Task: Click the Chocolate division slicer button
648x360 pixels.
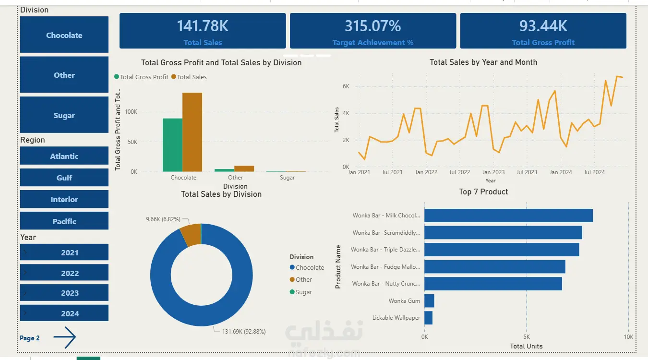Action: click(x=64, y=35)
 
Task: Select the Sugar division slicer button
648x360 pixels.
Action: click(x=64, y=115)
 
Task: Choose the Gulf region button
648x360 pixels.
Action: click(x=64, y=178)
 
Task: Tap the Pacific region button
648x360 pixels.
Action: click(x=64, y=221)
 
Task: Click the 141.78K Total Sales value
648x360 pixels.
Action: click(x=203, y=26)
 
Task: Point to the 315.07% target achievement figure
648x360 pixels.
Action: click(x=372, y=26)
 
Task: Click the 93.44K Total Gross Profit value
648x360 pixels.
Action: click(x=543, y=26)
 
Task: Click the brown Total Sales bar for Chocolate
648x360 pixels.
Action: click(x=192, y=132)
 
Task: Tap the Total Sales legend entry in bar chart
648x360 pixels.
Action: click(x=192, y=77)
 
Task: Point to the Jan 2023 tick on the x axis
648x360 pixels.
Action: click(x=493, y=172)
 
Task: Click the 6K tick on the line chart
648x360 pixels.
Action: click(x=346, y=86)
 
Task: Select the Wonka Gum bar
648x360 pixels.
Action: click(x=429, y=301)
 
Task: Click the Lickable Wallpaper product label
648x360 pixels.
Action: click(x=396, y=318)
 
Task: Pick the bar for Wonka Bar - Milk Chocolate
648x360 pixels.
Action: click(x=508, y=216)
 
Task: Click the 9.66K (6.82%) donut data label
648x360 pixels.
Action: click(x=163, y=219)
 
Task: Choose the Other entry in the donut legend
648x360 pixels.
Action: click(x=303, y=279)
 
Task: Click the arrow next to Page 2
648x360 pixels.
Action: click(x=64, y=337)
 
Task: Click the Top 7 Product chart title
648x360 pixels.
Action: click(x=483, y=192)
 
